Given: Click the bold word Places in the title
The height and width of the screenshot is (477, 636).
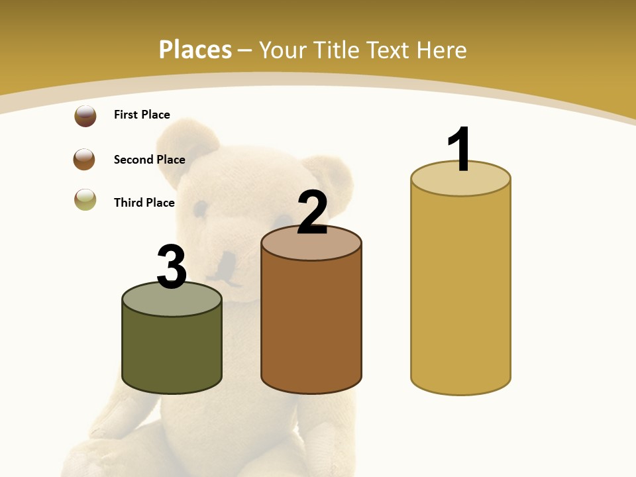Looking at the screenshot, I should click(x=195, y=50).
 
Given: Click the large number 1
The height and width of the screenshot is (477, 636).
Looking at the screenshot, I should click(x=459, y=150).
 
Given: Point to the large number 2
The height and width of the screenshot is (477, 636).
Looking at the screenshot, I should click(x=312, y=213).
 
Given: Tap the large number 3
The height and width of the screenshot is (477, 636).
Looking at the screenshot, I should click(x=172, y=267).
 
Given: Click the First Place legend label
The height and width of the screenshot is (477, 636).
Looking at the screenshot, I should click(x=142, y=115).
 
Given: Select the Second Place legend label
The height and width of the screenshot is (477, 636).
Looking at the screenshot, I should click(x=149, y=160).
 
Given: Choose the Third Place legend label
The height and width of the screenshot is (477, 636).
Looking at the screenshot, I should click(x=144, y=203).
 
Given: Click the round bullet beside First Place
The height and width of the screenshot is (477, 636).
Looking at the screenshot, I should click(x=85, y=116).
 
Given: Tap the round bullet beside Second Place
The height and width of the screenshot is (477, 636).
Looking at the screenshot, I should click(x=84, y=160).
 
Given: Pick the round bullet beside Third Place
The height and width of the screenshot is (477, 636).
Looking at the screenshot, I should click(x=85, y=199).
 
